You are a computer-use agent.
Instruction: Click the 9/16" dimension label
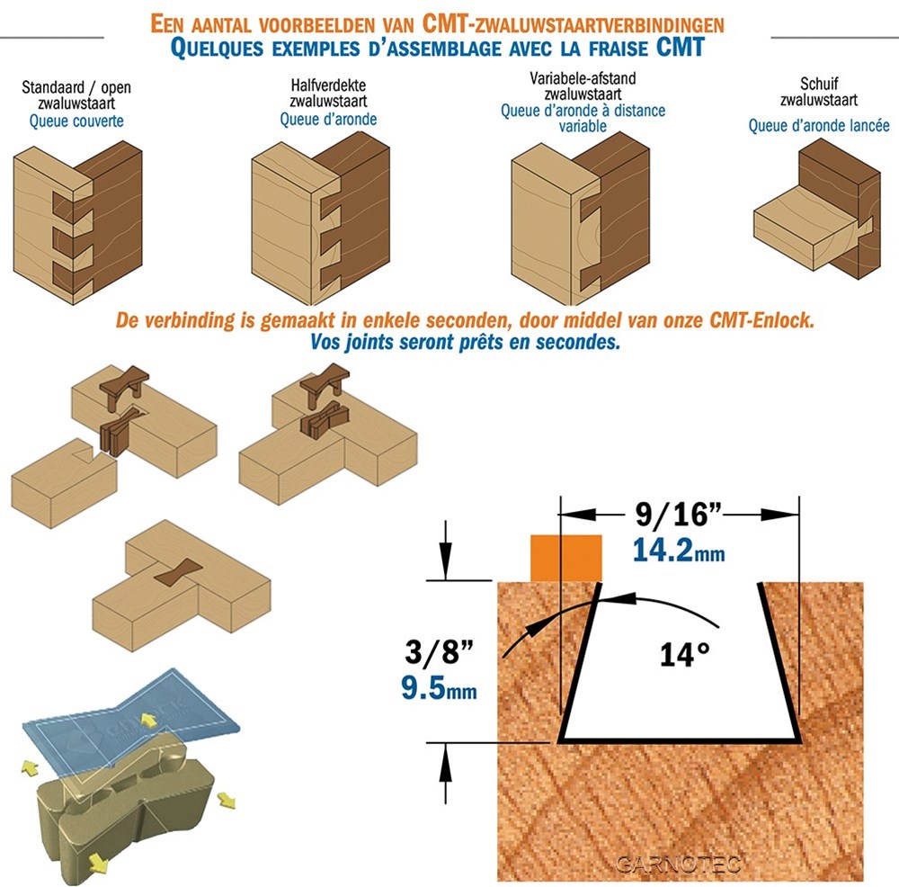[678, 514]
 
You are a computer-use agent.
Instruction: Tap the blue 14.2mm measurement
[679, 550]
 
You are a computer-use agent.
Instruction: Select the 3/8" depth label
[439, 652]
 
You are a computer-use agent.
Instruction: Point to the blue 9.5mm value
[439, 687]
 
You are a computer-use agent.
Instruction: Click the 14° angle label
[684, 655]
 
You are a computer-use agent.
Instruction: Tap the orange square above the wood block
[565, 558]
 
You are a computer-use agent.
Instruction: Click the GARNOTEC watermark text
[679, 864]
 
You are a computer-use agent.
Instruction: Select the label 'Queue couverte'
[76, 121]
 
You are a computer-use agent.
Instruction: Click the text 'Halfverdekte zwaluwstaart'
[328, 93]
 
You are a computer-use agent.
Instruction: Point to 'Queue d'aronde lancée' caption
[819, 125]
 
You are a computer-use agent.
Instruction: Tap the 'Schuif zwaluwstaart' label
[819, 92]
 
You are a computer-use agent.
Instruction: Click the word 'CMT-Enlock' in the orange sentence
[761, 319]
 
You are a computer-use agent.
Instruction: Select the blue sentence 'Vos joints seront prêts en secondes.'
[465, 342]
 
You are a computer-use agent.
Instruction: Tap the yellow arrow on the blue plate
[148, 720]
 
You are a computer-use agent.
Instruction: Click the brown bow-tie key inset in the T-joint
[178, 572]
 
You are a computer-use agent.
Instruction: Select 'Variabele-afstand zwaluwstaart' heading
[583, 86]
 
